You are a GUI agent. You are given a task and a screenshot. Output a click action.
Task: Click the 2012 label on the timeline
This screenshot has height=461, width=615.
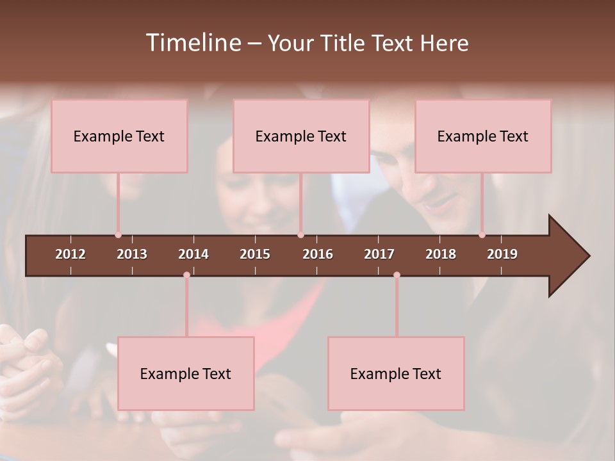pos(70,254)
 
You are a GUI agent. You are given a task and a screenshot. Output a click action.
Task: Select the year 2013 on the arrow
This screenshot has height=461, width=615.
pos(132,254)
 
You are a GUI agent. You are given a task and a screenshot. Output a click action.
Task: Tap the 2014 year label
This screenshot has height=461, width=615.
pos(193,254)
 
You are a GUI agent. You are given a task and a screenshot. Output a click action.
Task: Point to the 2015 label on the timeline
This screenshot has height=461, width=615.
pos(255,254)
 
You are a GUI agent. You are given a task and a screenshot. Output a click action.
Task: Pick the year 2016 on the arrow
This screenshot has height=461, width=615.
pos(318,254)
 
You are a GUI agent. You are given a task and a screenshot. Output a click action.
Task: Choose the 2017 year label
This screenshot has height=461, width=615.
pos(379,254)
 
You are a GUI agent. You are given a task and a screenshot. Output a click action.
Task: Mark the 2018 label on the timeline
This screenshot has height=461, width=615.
pos(441,254)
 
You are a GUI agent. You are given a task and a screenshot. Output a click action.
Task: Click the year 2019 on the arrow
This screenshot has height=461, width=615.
pos(502,254)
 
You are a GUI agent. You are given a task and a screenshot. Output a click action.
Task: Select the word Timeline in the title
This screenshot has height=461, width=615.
pos(193,43)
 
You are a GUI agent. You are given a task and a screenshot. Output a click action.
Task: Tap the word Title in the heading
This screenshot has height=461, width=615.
pos(342,43)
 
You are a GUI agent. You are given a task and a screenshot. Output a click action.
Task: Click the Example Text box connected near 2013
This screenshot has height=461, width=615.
pos(119,136)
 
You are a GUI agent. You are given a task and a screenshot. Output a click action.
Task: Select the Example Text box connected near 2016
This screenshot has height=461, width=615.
pos(301,136)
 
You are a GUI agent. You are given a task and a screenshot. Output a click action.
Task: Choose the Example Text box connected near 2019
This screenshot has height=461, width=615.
pos(483,136)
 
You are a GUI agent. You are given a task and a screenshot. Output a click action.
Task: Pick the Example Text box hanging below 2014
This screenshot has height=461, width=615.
pos(186,373)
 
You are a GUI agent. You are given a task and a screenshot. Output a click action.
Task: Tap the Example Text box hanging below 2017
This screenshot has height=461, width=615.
pos(396,373)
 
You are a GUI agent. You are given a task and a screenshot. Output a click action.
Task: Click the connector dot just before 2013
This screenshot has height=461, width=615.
pos(118,235)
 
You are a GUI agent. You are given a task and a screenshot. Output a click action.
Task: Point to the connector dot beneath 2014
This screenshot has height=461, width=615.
pos(186,275)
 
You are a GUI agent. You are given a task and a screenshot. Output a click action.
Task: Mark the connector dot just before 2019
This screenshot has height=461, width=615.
pos(482,235)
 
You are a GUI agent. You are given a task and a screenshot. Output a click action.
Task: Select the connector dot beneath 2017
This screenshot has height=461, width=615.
pos(397,275)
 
